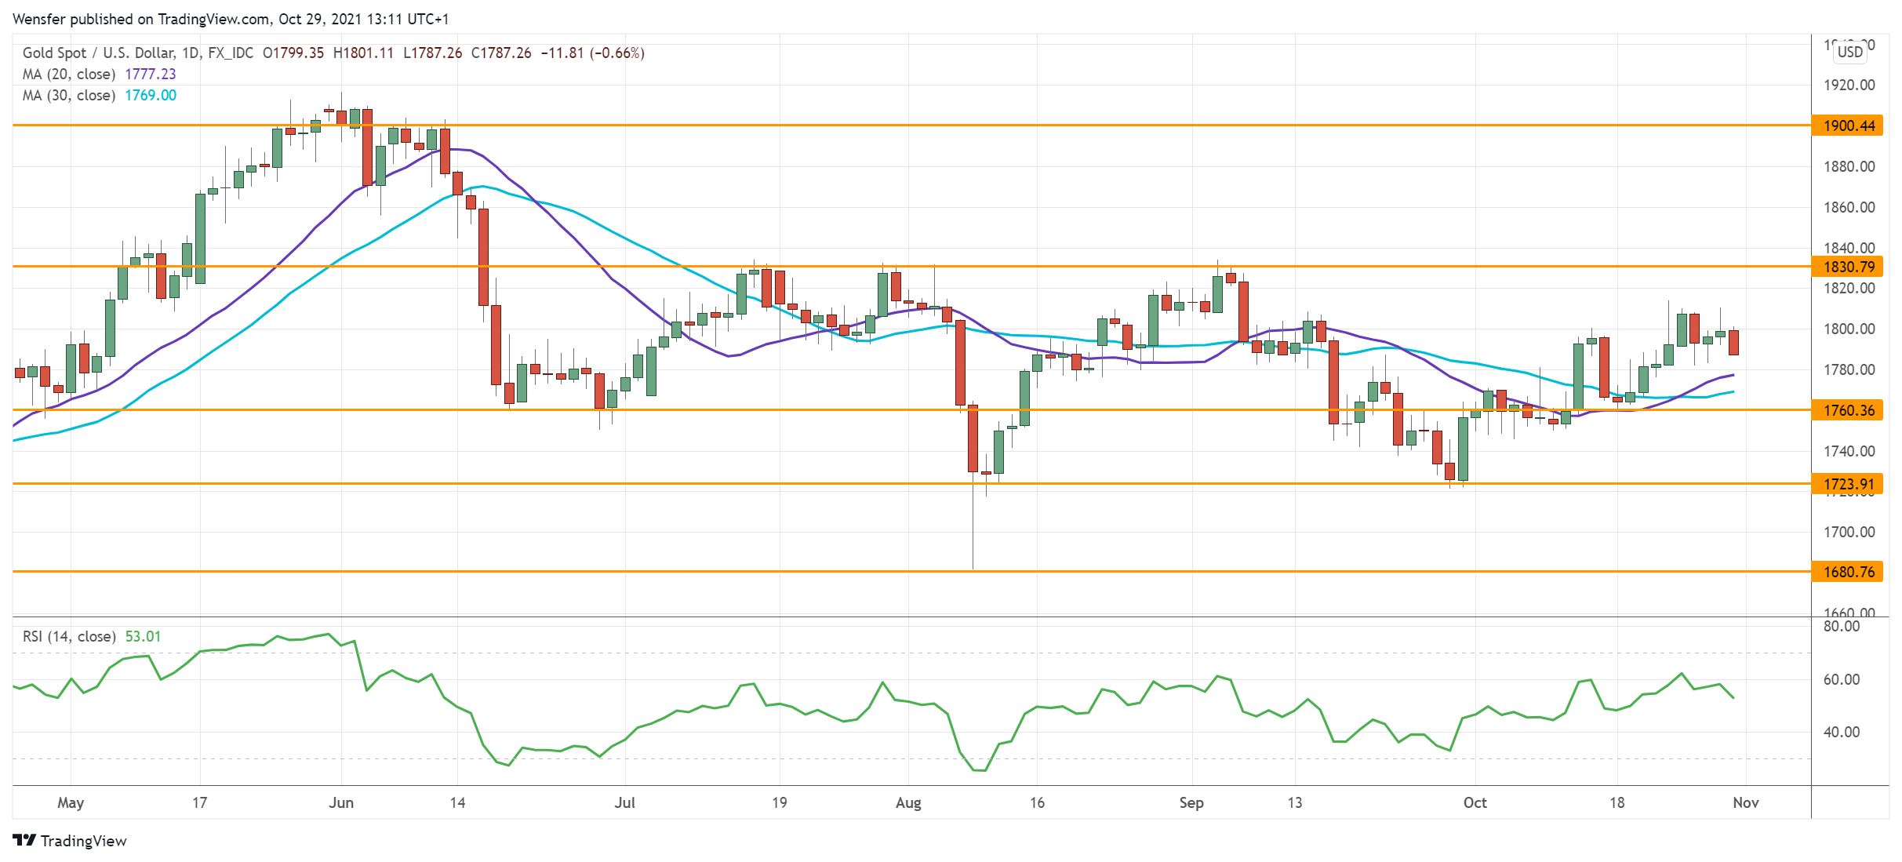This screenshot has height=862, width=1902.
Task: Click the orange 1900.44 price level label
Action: tap(1847, 125)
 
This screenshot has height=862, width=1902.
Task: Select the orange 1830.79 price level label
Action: tap(1847, 267)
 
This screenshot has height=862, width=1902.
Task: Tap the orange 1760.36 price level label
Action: tap(1847, 410)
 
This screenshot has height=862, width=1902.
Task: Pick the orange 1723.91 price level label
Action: tap(1847, 484)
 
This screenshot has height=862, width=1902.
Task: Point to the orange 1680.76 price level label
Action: tap(1847, 572)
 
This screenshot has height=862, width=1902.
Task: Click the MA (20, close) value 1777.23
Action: tap(151, 74)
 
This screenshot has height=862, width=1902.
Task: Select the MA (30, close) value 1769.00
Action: tap(151, 95)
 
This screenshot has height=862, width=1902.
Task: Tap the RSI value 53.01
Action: tap(143, 636)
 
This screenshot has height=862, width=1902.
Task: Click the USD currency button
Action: tap(1850, 52)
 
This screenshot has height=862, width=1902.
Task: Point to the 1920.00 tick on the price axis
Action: tap(1849, 85)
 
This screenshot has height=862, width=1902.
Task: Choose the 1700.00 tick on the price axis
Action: tap(1849, 532)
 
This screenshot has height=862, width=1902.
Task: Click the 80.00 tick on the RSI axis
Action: tap(1841, 626)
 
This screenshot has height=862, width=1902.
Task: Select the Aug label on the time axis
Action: tap(908, 802)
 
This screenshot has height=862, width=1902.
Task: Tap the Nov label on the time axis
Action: tap(1746, 802)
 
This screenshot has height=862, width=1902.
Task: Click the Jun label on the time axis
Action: tap(341, 802)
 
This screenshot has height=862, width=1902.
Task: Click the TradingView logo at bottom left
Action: tap(70, 841)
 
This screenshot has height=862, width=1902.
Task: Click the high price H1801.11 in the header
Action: tap(363, 53)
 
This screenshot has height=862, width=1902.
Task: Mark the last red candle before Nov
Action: tap(1733, 342)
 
